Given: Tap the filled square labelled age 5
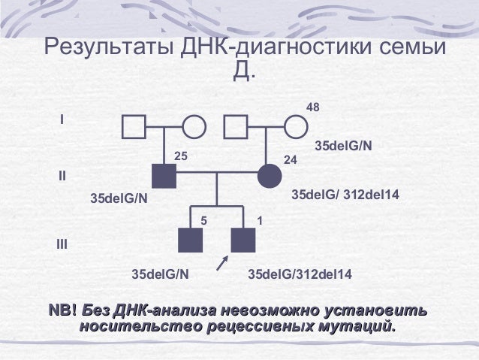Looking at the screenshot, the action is [191, 240].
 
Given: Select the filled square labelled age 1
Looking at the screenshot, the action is [243, 240].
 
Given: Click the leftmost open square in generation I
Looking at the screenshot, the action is [134, 126].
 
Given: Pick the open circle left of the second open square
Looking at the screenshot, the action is [194, 126].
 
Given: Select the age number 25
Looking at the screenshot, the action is [180, 156].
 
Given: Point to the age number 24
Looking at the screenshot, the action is [291, 160].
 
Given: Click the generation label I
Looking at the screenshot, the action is [62, 119].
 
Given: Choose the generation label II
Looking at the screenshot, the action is [62, 177].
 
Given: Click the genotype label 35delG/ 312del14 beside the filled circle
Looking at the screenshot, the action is [345, 195].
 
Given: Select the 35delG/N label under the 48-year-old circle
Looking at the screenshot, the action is [342, 145].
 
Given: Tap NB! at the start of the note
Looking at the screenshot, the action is [62, 310].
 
